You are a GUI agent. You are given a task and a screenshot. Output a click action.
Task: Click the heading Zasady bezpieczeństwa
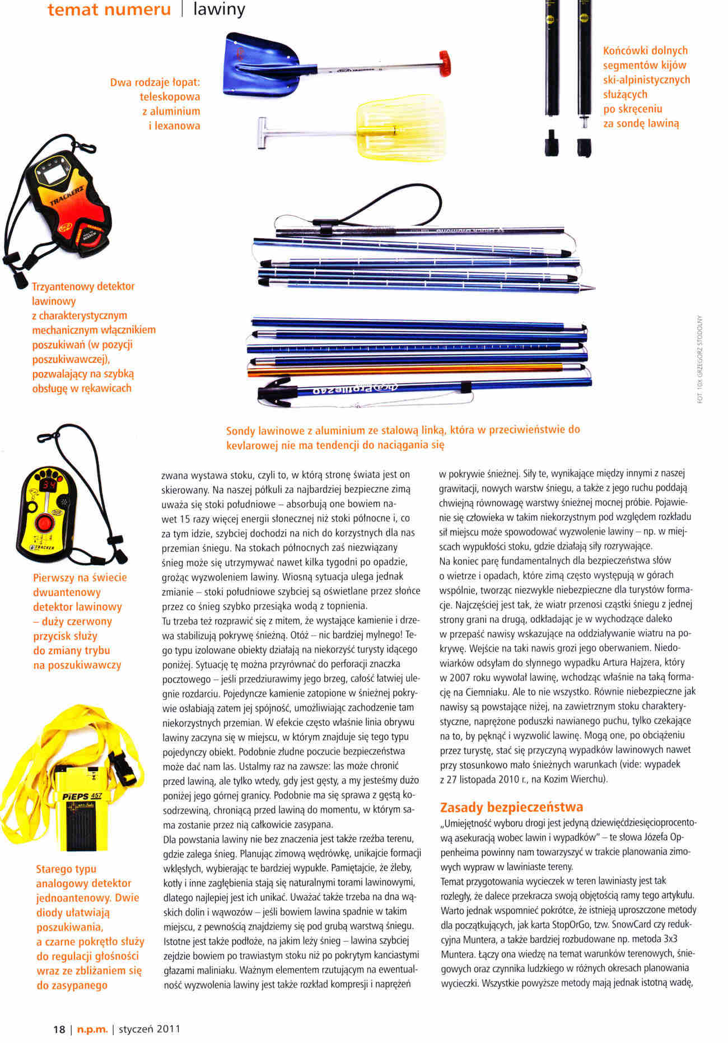[x=511, y=807]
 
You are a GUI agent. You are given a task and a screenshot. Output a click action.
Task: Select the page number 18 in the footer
[x=59, y=1028]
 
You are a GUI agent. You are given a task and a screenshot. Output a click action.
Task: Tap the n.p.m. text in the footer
[x=91, y=1028]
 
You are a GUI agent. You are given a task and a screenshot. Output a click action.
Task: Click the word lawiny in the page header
[x=219, y=10]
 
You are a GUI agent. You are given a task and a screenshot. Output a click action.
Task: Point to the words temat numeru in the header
[x=109, y=10]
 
